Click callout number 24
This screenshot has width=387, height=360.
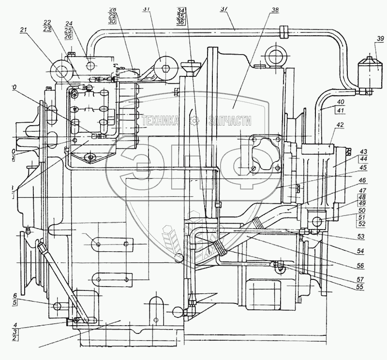click(x=68, y=24)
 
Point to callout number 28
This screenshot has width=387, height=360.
click(x=112, y=10)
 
